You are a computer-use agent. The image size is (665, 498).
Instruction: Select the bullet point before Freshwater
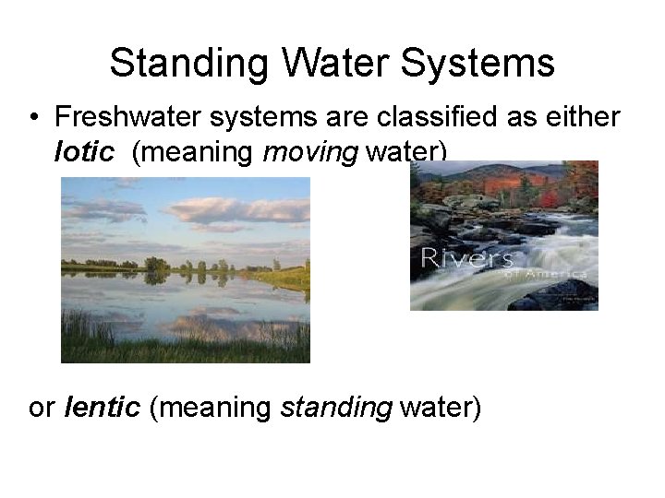pyautogui.click(x=33, y=117)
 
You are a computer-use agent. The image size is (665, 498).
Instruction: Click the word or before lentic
pyautogui.click(x=42, y=408)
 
